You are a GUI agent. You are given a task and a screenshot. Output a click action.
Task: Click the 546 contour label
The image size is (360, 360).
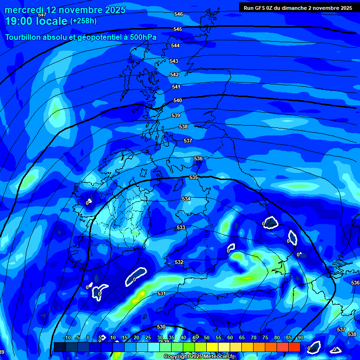[178, 14]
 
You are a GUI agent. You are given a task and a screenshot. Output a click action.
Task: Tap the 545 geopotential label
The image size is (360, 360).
[177, 29]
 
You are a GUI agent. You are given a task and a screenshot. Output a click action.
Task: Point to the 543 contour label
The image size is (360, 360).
[174, 61]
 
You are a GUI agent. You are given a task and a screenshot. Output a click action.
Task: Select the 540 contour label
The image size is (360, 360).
[178, 100]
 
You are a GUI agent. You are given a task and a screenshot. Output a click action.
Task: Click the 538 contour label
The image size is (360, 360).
[183, 127]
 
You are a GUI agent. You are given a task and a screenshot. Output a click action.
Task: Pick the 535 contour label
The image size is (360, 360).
[193, 177]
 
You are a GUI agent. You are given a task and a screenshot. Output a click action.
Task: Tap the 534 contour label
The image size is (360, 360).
[186, 199]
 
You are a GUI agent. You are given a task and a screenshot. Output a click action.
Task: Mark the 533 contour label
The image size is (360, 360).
[181, 227]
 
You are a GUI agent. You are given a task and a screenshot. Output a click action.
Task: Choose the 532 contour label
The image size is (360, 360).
[179, 262]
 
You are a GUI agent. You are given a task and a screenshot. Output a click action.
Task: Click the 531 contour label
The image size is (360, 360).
[162, 293]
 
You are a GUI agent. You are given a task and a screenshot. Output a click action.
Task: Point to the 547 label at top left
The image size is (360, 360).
[42, 15]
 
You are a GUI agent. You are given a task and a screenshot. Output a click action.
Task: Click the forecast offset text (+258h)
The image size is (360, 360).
[83, 21]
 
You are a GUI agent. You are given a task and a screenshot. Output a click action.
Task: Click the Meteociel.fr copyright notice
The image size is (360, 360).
[199, 356]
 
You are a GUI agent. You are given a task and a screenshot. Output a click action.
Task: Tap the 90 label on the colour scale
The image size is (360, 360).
[300, 338]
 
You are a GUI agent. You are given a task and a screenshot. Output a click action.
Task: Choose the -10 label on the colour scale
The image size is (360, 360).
[67, 338]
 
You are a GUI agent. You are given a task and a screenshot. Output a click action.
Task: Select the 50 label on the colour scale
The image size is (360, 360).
[206, 338]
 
